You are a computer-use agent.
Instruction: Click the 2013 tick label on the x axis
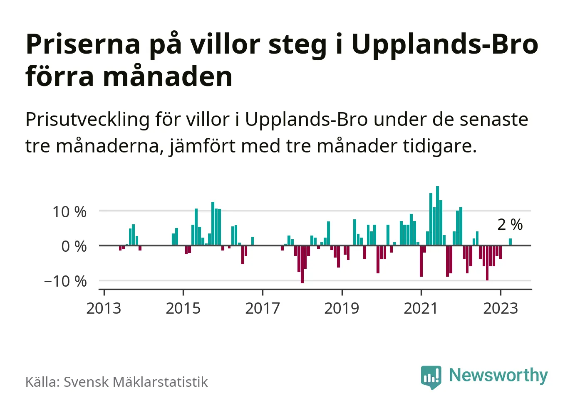click(x=104, y=309)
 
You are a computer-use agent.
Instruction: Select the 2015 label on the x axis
click(x=183, y=309)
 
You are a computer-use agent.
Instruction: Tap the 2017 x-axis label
click(x=263, y=309)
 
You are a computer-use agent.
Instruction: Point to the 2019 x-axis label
click(x=342, y=309)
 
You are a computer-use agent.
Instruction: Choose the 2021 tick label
click(x=421, y=309)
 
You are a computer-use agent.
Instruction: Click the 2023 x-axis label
click(x=501, y=309)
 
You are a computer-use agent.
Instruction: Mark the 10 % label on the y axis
click(x=69, y=212)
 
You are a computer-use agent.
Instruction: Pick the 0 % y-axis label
click(x=74, y=246)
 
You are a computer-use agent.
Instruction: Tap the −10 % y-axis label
click(x=65, y=281)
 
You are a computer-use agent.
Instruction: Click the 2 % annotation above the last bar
click(x=510, y=225)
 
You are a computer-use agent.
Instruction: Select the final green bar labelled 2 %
click(x=510, y=242)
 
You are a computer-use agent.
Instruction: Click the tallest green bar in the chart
click(x=437, y=216)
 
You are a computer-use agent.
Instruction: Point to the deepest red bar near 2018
click(x=302, y=264)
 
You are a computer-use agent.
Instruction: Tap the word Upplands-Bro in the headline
click(x=445, y=44)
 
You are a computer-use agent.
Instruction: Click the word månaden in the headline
click(x=168, y=77)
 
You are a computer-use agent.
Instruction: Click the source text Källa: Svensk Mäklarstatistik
click(x=116, y=382)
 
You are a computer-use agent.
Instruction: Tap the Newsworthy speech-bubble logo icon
click(x=431, y=377)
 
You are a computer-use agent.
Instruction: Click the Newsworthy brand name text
click(x=498, y=375)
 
